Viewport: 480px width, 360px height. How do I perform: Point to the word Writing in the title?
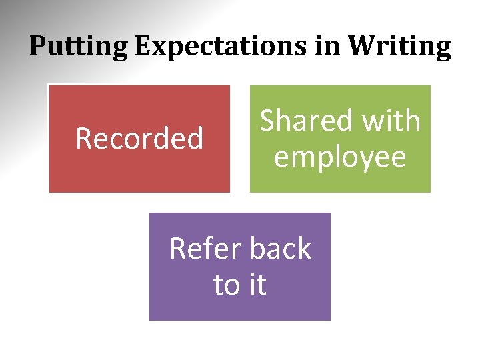[400, 47]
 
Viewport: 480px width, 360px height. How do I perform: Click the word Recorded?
[139, 139]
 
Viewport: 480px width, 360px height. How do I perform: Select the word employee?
[340, 157]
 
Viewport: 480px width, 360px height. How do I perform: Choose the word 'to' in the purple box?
[226, 285]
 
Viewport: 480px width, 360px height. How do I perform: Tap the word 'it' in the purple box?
[257, 285]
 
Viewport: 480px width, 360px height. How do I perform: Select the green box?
[340, 180]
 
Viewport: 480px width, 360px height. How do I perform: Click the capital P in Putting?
[37, 47]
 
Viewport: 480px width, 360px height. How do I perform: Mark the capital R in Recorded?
[83, 139]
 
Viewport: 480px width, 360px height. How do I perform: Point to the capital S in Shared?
[267, 121]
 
